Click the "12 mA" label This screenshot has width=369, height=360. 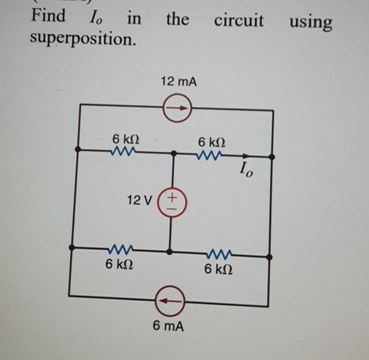(x=178, y=82)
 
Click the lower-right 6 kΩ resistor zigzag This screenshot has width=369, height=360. (x=220, y=253)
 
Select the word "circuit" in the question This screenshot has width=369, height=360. (x=238, y=20)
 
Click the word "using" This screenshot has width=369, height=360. (x=311, y=22)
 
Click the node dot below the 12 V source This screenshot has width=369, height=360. (x=170, y=251)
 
